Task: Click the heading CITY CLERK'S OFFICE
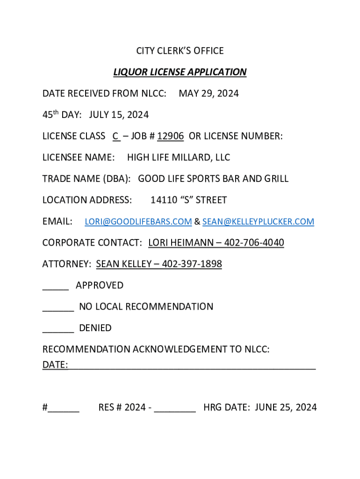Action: point(180,51)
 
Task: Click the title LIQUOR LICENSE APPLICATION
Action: point(180,72)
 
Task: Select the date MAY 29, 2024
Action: point(209,94)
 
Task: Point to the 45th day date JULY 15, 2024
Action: point(119,115)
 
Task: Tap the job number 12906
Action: point(170,136)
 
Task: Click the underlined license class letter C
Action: point(115,136)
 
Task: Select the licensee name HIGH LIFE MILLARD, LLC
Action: point(179,158)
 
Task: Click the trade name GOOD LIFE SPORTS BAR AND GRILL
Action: point(213,179)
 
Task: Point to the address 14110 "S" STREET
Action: point(188,200)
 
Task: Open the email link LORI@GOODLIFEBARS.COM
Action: point(138,222)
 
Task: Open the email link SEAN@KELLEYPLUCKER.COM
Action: point(258,222)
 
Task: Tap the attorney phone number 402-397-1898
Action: point(192,264)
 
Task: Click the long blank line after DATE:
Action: point(192,367)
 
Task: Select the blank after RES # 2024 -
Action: point(175,410)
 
